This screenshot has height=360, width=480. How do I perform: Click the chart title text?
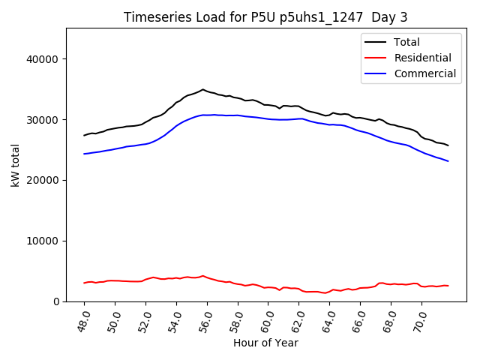pos(266,17)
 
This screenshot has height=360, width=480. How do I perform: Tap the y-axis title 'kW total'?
pos(16,164)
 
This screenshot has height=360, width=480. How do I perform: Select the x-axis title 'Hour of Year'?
pos(265,343)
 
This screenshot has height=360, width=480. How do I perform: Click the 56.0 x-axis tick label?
pos(205,318)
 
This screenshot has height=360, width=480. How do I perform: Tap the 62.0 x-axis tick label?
pos(296,318)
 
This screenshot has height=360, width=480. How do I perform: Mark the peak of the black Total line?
pos(202,89)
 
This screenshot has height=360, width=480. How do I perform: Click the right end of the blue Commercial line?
pos(448,161)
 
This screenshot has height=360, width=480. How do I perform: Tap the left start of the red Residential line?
pos(85,283)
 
